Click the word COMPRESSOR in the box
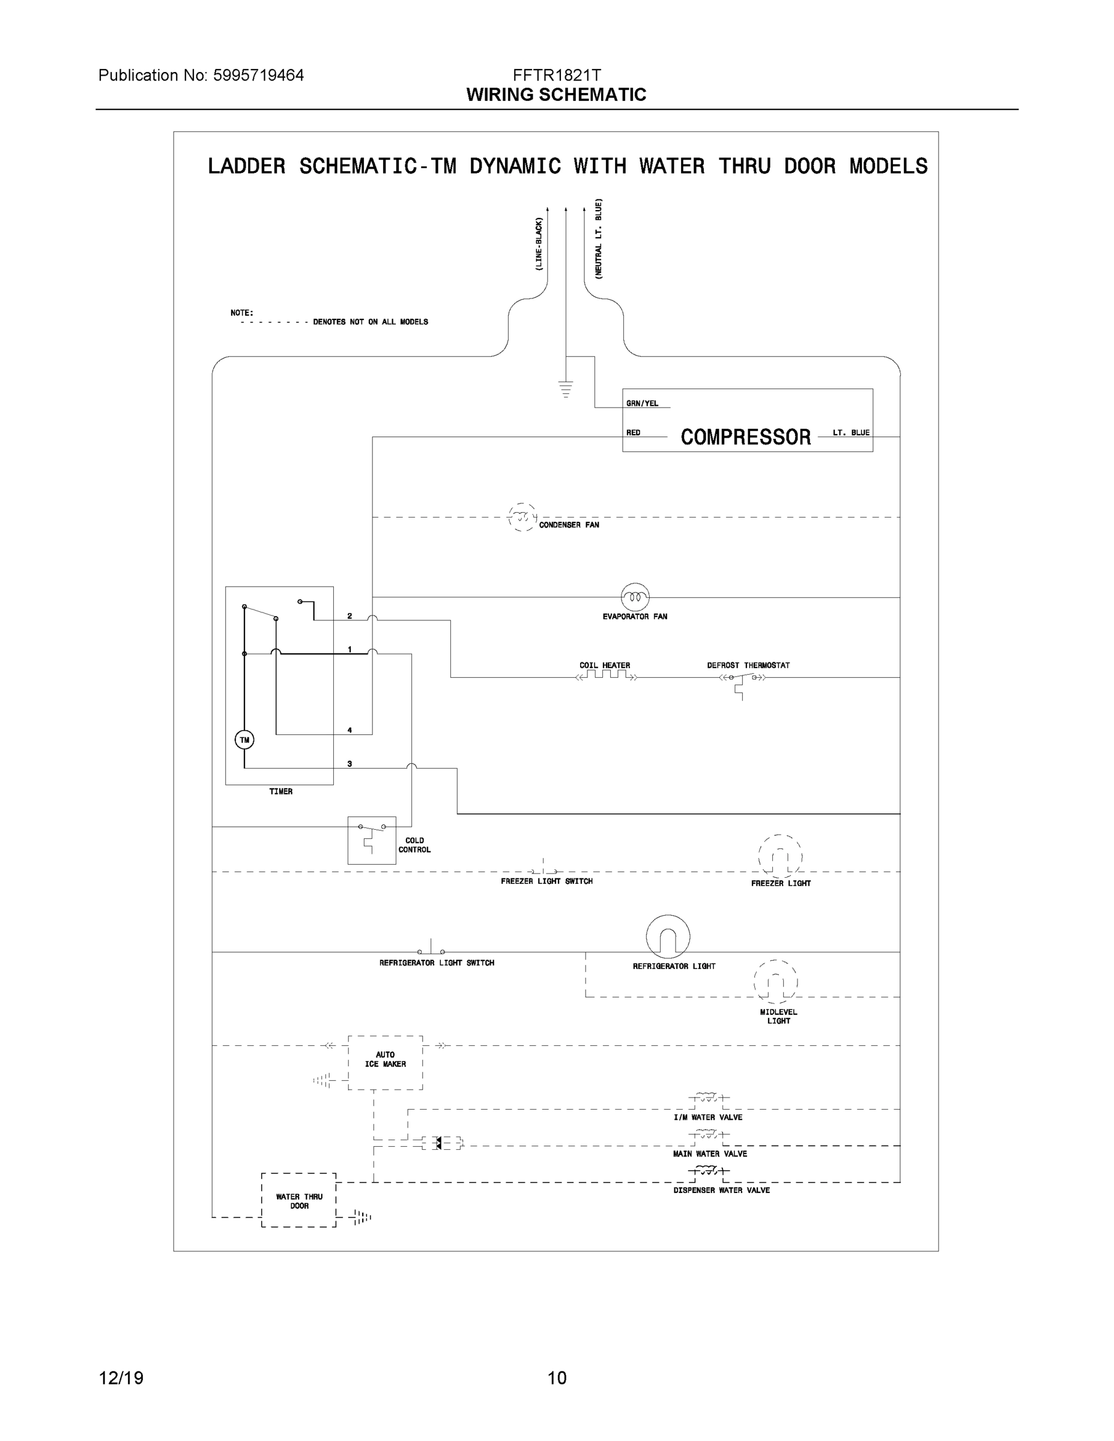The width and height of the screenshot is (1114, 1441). [746, 437]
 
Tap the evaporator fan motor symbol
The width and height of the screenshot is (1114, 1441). [635, 597]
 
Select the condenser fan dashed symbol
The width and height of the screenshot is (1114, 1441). [522, 518]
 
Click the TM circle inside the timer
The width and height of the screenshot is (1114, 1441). [244, 740]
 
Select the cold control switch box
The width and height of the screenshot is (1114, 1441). [372, 839]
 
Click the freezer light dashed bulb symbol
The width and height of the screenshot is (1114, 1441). [780, 856]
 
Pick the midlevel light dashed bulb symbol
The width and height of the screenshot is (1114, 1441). [775, 982]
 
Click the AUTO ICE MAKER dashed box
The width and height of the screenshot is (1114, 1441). [386, 1062]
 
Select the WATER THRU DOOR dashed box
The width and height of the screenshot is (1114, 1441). [299, 1200]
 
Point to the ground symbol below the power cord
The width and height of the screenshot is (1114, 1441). [566, 389]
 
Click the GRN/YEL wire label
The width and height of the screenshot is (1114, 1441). [642, 403]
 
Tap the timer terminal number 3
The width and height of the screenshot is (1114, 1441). [350, 763]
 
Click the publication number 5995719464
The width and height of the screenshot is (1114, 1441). [258, 75]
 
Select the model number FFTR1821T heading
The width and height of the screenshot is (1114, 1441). [556, 75]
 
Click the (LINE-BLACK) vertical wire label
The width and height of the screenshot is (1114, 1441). [539, 244]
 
